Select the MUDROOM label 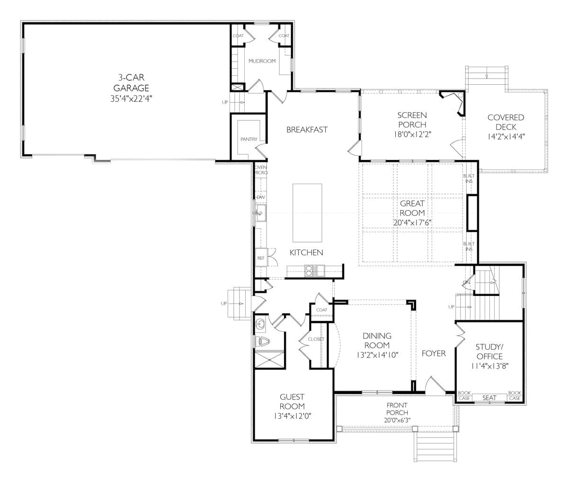262,61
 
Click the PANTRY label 248,139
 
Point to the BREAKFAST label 307,130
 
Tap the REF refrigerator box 261,258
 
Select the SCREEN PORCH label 412,120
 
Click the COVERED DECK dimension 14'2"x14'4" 506,136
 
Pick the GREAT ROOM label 412,208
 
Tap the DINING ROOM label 377,340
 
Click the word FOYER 434,353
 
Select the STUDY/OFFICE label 489,351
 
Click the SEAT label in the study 489,398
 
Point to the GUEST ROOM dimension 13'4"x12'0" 292,416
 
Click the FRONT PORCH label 397,409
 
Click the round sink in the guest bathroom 260,324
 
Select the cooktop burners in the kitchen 309,271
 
